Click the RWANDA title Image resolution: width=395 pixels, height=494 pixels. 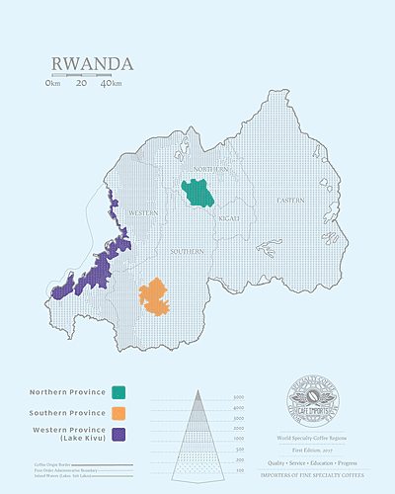[92, 64]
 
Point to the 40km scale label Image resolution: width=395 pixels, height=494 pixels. [112, 84]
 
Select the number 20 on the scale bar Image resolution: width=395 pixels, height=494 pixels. [81, 84]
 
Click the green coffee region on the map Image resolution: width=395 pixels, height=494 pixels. [198, 192]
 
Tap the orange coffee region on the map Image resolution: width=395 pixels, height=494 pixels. [155, 295]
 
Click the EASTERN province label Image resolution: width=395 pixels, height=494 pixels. [290, 201]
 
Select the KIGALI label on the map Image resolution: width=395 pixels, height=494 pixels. [229, 216]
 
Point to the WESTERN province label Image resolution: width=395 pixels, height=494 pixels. [143, 212]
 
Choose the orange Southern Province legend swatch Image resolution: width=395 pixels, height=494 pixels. [118, 412]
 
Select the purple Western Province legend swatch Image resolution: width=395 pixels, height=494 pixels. [118, 434]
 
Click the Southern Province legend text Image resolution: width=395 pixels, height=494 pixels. [68, 412]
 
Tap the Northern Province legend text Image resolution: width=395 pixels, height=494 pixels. [68, 391]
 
